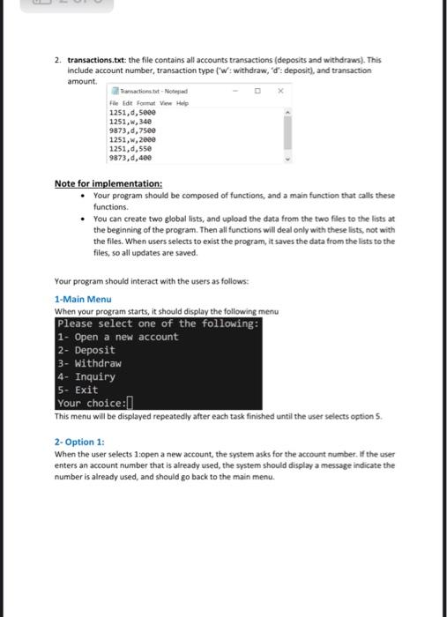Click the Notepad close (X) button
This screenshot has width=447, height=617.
click(279, 90)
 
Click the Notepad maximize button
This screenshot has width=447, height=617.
click(257, 90)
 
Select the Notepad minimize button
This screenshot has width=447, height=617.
click(235, 90)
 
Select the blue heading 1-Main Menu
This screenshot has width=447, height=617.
click(82, 300)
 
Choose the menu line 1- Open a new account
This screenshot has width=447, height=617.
click(117, 337)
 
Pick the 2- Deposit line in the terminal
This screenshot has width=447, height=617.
click(86, 350)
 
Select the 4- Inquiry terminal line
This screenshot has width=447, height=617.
click(86, 376)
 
